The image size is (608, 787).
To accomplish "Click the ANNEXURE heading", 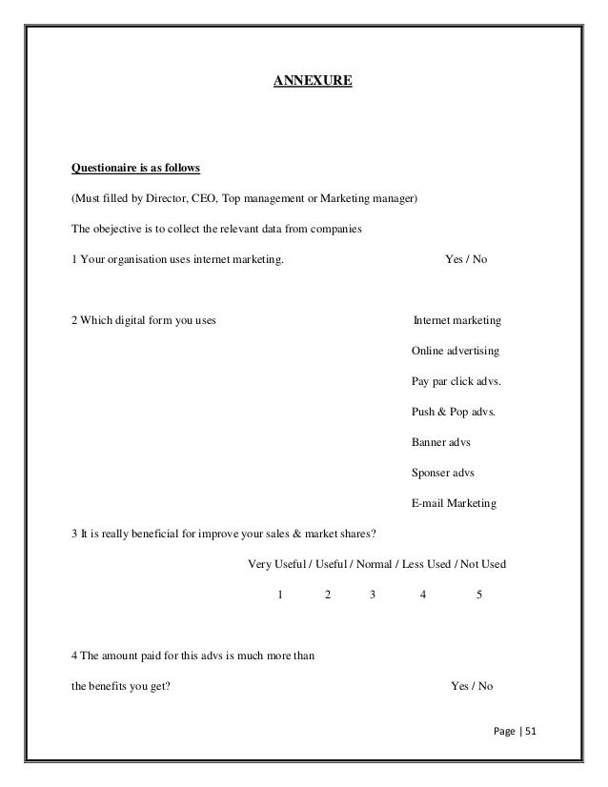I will (x=313, y=83).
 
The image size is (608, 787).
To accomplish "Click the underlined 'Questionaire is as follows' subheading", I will (x=135, y=170).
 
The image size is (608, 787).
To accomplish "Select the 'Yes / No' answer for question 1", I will (x=467, y=258).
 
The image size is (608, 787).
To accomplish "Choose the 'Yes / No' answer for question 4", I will (x=471, y=685).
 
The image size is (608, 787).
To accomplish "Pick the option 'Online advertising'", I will (x=455, y=351).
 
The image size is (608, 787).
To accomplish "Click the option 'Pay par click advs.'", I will (x=456, y=381).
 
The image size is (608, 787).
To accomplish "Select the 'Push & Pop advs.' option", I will (x=453, y=412).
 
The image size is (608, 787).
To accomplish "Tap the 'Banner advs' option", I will (x=440, y=442).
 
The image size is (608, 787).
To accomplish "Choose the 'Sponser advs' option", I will (x=443, y=473).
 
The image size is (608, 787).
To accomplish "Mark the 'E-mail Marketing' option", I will (x=454, y=503).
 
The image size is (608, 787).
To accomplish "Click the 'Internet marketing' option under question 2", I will (x=457, y=320).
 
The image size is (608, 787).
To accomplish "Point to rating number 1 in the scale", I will (x=279, y=594).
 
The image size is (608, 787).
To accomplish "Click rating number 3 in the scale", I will (x=373, y=594).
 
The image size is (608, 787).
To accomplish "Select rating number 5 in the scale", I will (x=478, y=594).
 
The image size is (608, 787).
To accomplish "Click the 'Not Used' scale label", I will (x=483, y=564).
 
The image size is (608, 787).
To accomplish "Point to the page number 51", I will (x=530, y=732).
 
